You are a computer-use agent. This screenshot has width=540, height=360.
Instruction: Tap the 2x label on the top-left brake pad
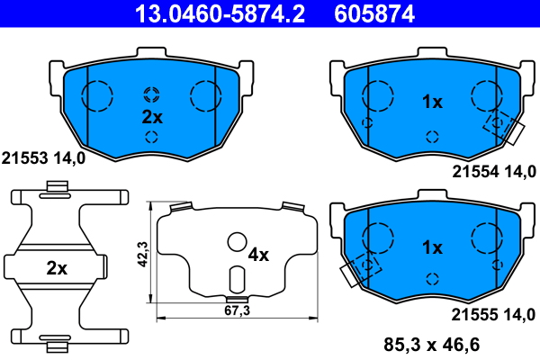[151, 117]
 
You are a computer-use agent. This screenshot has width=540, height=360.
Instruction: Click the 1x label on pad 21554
[432, 103]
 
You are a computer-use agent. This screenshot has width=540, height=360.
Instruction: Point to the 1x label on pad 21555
[432, 247]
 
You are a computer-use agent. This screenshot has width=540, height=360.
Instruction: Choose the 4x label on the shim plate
[258, 255]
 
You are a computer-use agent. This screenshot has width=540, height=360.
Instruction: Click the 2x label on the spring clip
[56, 267]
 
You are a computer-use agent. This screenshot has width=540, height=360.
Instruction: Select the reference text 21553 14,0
[44, 157]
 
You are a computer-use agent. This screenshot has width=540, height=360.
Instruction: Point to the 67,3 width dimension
[237, 310]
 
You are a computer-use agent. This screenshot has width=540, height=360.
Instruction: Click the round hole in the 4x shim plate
[237, 241]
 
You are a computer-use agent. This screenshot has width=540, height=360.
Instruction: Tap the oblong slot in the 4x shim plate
[237, 279]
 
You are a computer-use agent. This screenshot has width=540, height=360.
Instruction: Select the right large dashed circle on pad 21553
[206, 94]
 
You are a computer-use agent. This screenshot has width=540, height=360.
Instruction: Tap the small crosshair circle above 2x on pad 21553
[151, 94]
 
